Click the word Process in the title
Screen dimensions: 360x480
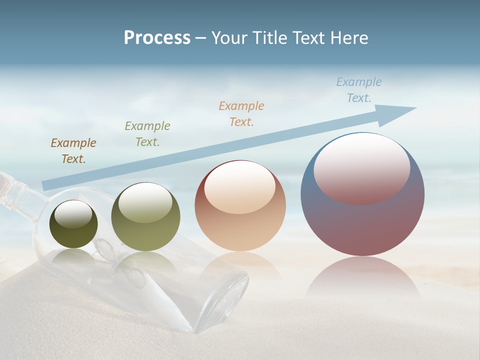pyautogui.click(x=157, y=38)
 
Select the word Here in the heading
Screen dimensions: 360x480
pyautogui.click(x=349, y=38)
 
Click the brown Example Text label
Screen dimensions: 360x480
pyautogui.click(x=73, y=151)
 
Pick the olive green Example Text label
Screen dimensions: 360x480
pyautogui.click(x=147, y=134)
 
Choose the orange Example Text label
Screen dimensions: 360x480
pyautogui.click(x=241, y=114)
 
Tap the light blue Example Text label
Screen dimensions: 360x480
pyautogui.click(x=359, y=90)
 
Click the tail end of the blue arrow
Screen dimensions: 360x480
pyautogui.click(x=46, y=185)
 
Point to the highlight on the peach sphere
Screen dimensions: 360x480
pyautogui.click(x=239, y=186)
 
